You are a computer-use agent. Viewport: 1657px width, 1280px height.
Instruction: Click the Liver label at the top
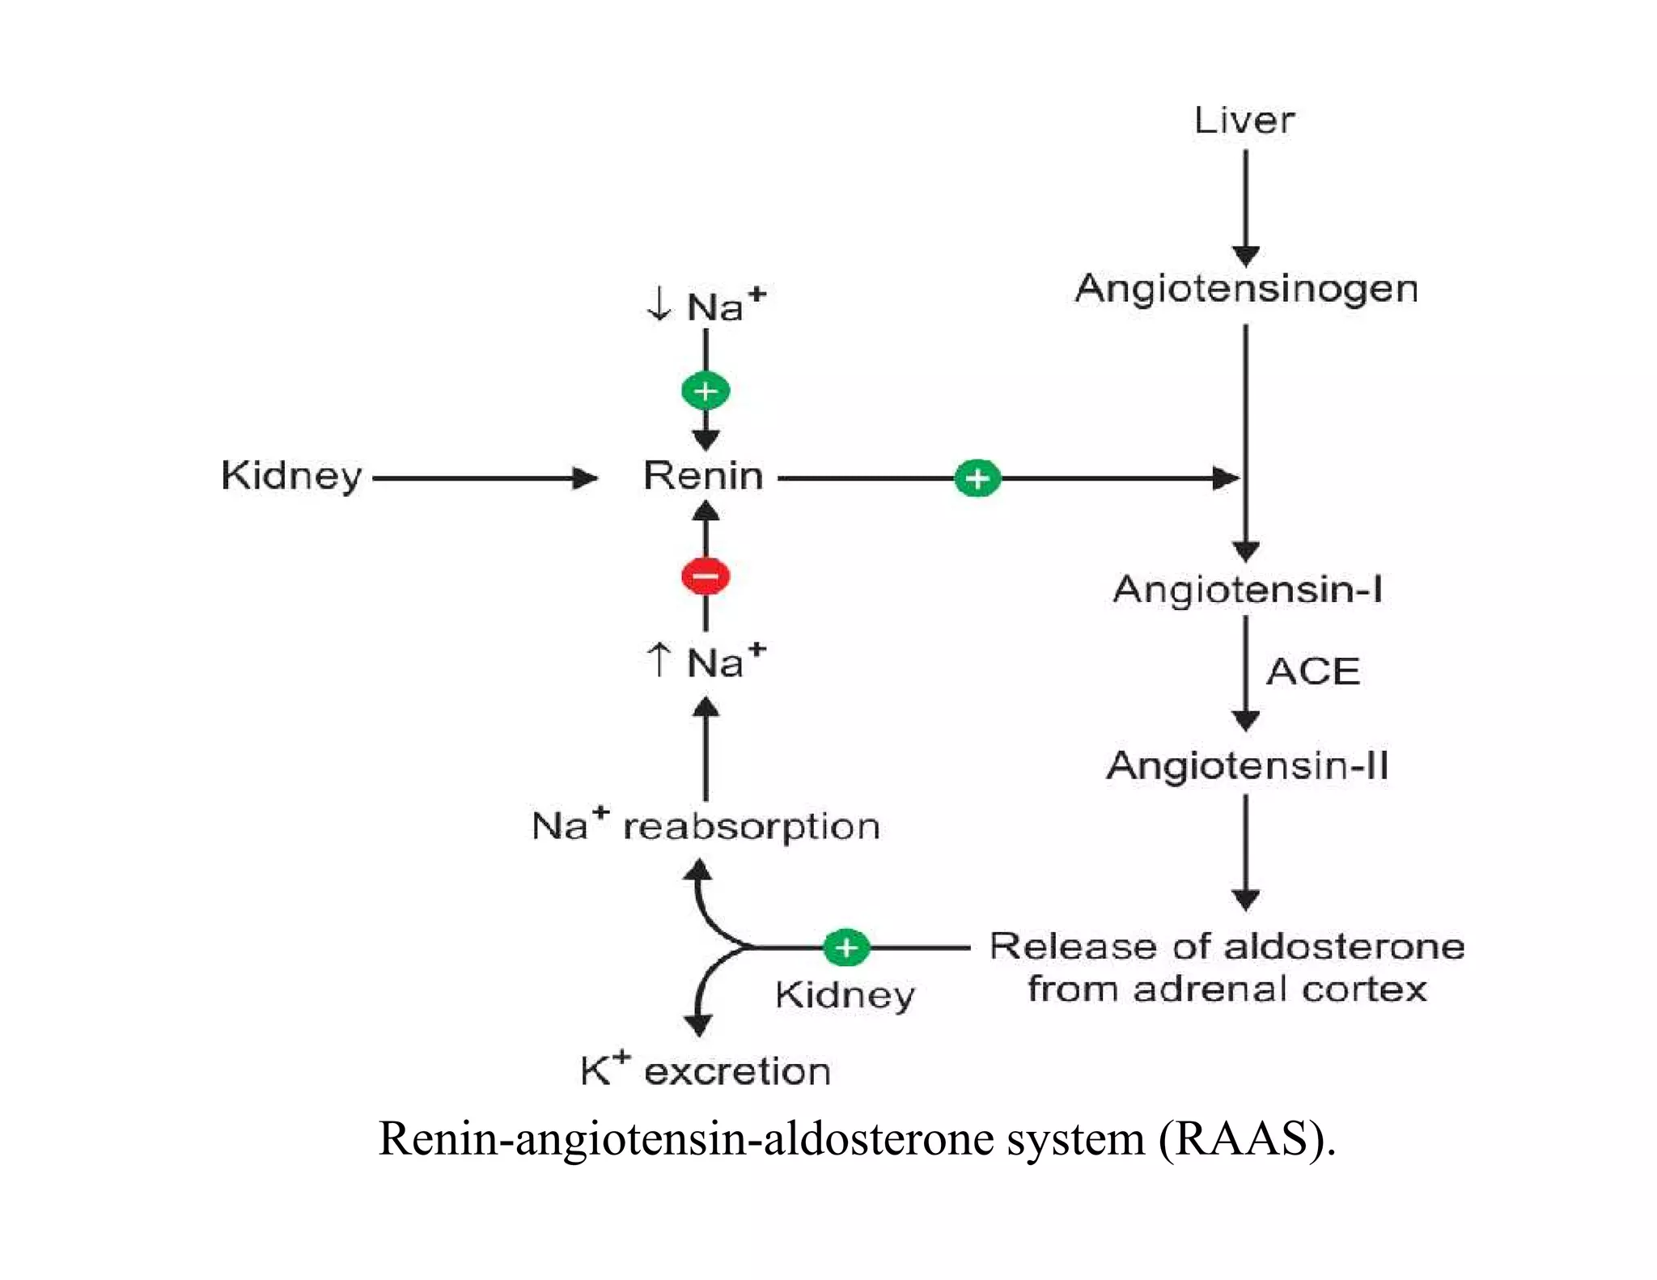point(1244,121)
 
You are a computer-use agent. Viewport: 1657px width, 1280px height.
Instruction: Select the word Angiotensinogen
point(1246,289)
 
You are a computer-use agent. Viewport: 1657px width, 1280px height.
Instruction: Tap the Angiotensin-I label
point(1247,589)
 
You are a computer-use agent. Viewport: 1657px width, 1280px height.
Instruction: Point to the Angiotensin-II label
point(1247,765)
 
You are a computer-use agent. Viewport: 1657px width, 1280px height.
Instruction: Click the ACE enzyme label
point(1312,672)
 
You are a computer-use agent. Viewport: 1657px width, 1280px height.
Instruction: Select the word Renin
point(702,476)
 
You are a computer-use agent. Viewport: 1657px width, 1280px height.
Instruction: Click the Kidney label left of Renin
point(291,476)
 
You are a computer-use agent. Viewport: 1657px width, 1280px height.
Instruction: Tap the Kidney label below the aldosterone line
point(844,995)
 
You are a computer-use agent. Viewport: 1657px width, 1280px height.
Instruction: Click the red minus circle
point(706,577)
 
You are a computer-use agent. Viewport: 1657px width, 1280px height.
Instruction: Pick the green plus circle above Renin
point(706,391)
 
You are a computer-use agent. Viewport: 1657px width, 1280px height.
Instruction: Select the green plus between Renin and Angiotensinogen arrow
point(977,478)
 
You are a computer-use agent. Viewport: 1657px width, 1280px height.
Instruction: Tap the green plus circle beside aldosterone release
point(845,947)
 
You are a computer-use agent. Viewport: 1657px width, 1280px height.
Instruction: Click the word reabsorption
point(751,827)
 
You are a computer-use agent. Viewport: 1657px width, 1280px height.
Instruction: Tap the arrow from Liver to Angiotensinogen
point(1245,206)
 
